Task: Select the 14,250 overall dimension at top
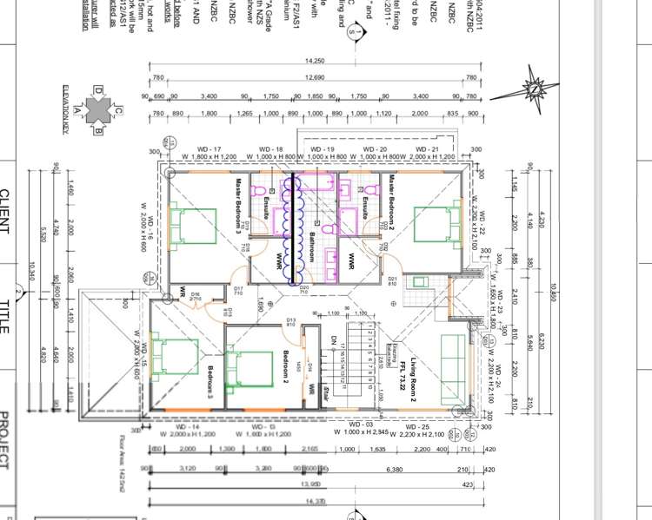[315, 61]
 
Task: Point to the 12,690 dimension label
[315, 76]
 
